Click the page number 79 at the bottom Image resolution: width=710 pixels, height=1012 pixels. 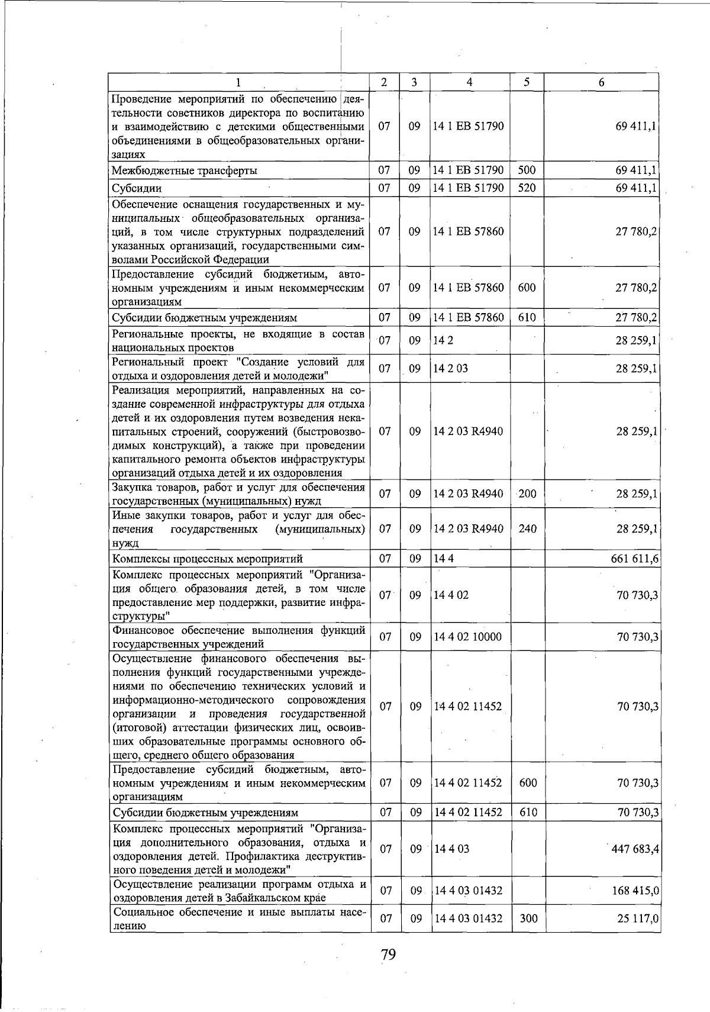(388, 954)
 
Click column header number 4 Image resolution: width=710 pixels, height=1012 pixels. (469, 82)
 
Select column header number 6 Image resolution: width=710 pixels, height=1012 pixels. (601, 82)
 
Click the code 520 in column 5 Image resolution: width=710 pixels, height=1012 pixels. (527, 188)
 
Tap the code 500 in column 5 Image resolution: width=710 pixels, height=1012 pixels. (527, 170)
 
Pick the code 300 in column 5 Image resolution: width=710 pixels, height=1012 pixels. (528, 918)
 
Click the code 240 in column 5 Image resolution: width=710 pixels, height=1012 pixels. (527, 528)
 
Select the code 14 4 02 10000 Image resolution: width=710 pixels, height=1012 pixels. (467, 637)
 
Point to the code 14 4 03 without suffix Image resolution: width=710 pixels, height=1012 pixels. (451, 849)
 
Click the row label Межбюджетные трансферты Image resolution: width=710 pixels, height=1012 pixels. (185, 171)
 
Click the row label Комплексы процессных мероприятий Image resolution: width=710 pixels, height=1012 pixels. (208, 559)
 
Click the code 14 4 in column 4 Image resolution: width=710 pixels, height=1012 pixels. (443, 558)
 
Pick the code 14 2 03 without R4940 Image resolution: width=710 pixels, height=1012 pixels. (450, 368)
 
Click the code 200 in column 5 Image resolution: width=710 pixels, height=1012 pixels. (527, 494)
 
